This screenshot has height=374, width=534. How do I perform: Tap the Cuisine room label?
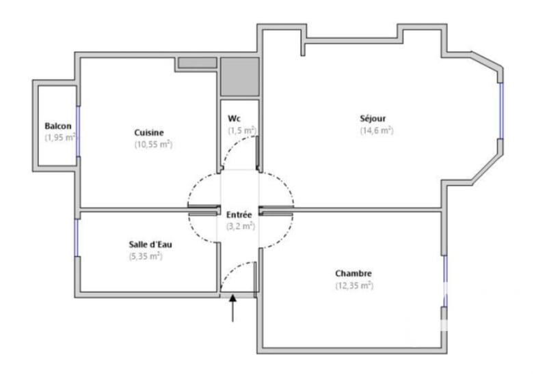pyautogui.click(x=149, y=132)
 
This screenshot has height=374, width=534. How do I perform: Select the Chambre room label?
pyautogui.click(x=353, y=274)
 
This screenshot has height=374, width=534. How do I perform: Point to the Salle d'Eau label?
pyautogui.click(x=145, y=244)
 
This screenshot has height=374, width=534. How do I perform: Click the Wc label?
pyautogui.click(x=235, y=118)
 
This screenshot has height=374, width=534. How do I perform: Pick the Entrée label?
pyautogui.click(x=239, y=214)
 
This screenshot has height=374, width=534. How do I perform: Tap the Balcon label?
pyautogui.click(x=59, y=126)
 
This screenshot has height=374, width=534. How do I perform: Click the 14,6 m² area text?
pyautogui.click(x=377, y=130)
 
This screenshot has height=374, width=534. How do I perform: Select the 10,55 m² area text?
pyautogui.click(x=152, y=144)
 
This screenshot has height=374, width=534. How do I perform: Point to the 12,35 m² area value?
pyautogui.click(x=353, y=286)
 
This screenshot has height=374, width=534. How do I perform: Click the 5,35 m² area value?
pyautogui.click(x=145, y=256)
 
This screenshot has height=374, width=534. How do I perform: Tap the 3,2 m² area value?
pyautogui.click(x=240, y=226)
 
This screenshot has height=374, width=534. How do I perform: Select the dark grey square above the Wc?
pyautogui.click(x=239, y=76)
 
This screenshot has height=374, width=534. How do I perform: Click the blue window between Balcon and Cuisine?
pyautogui.click(x=78, y=131)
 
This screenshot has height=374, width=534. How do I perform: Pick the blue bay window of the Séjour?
pyautogui.click(x=500, y=111)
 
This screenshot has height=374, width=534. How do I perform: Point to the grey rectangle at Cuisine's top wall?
pyautogui.click(x=197, y=63)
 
